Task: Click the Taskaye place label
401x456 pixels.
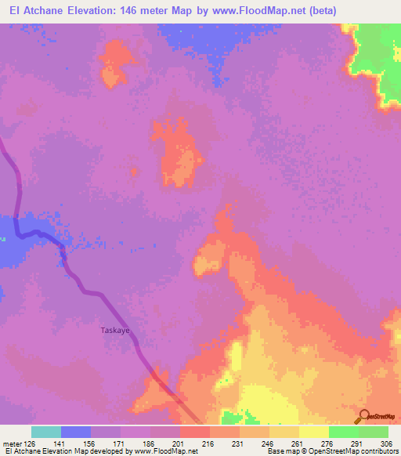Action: pyautogui.click(x=114, y=331)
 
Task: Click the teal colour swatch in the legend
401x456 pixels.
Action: pyautogui.click(x=46, y=432)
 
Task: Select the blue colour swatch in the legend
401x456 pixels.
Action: pyautogui.click(x=76, y=432)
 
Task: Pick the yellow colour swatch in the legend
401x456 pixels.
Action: pyautogui.click(x=314, y=432)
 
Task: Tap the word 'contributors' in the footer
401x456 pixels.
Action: pyautogui.click(x=378, y=451)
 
